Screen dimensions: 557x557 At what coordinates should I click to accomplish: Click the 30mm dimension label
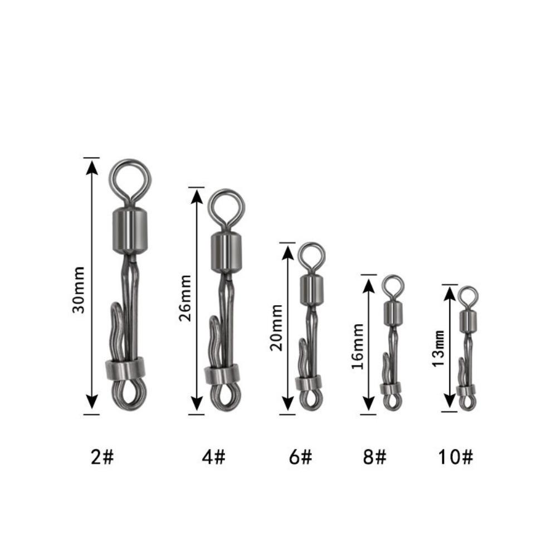point(80,290)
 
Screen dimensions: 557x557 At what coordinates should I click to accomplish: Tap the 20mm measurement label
point(277,333)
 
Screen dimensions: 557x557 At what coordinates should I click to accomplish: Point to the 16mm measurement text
point(358,346)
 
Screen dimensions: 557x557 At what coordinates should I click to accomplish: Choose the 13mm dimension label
point(439,349)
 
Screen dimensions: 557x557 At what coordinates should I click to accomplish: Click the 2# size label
point(102,458)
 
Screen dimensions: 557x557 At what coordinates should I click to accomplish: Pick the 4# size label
point(214,458)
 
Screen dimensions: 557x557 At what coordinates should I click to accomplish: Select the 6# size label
point(300,458)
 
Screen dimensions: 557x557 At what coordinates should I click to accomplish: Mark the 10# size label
point(455,458)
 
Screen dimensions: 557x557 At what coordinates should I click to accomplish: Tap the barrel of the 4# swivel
point(226,252)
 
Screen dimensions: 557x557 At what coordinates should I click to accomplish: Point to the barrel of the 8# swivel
point(393,312)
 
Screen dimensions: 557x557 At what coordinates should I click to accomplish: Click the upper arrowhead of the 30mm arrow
point(91,166)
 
